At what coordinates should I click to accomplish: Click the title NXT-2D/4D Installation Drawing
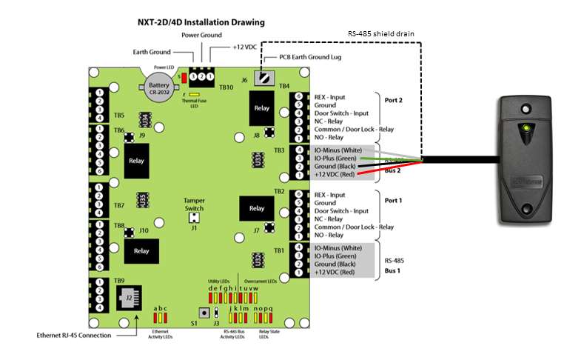point(201,22)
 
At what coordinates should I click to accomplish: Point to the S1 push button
point(202,313)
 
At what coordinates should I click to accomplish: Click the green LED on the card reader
point(526,127)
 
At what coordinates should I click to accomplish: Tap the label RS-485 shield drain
point(378,33)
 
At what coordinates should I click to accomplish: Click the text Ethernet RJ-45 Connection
point(74,336)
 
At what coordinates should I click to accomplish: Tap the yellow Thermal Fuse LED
point(194,95)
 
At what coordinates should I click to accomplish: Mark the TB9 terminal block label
point(119,281)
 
